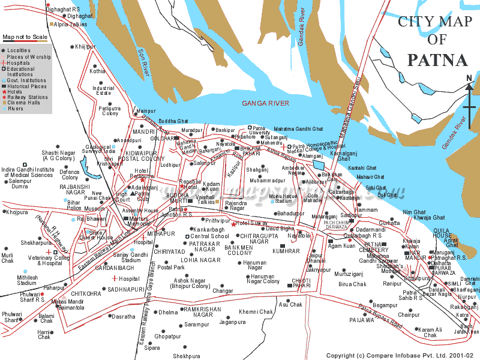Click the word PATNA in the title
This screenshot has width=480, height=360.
(x=437, y=60)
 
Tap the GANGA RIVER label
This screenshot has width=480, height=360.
(x=265, y=103)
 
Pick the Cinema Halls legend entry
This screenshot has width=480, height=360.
(x=23, y=103)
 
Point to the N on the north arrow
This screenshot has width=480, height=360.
(x=469, y=78)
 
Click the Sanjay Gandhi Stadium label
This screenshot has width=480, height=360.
(x=131, y=257)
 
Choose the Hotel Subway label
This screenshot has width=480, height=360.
(x=251, y=223)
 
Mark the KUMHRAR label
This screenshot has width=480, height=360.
(x=285, y=251)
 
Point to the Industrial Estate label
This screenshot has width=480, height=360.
(x=103, y=91)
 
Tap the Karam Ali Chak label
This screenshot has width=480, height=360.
(x=430, y=332)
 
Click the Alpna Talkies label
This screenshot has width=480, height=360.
(x=70, y=25)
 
